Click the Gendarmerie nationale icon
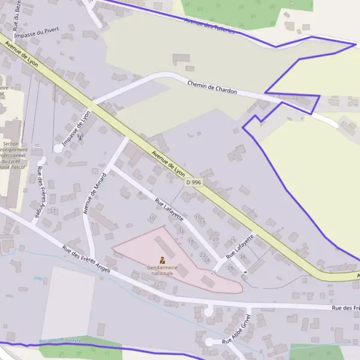click(161, 261)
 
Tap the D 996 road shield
click(193, 182)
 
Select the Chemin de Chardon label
click(212, 88)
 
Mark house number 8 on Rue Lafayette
click(141, 193)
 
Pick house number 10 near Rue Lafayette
click(152, 218)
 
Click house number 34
click(242, 256)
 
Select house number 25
click(233, 240)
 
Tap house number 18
click(191, 241)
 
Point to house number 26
click(214, 272)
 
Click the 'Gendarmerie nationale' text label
click(161, 270)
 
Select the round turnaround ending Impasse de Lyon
click(58, 148)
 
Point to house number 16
click(181, 231)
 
